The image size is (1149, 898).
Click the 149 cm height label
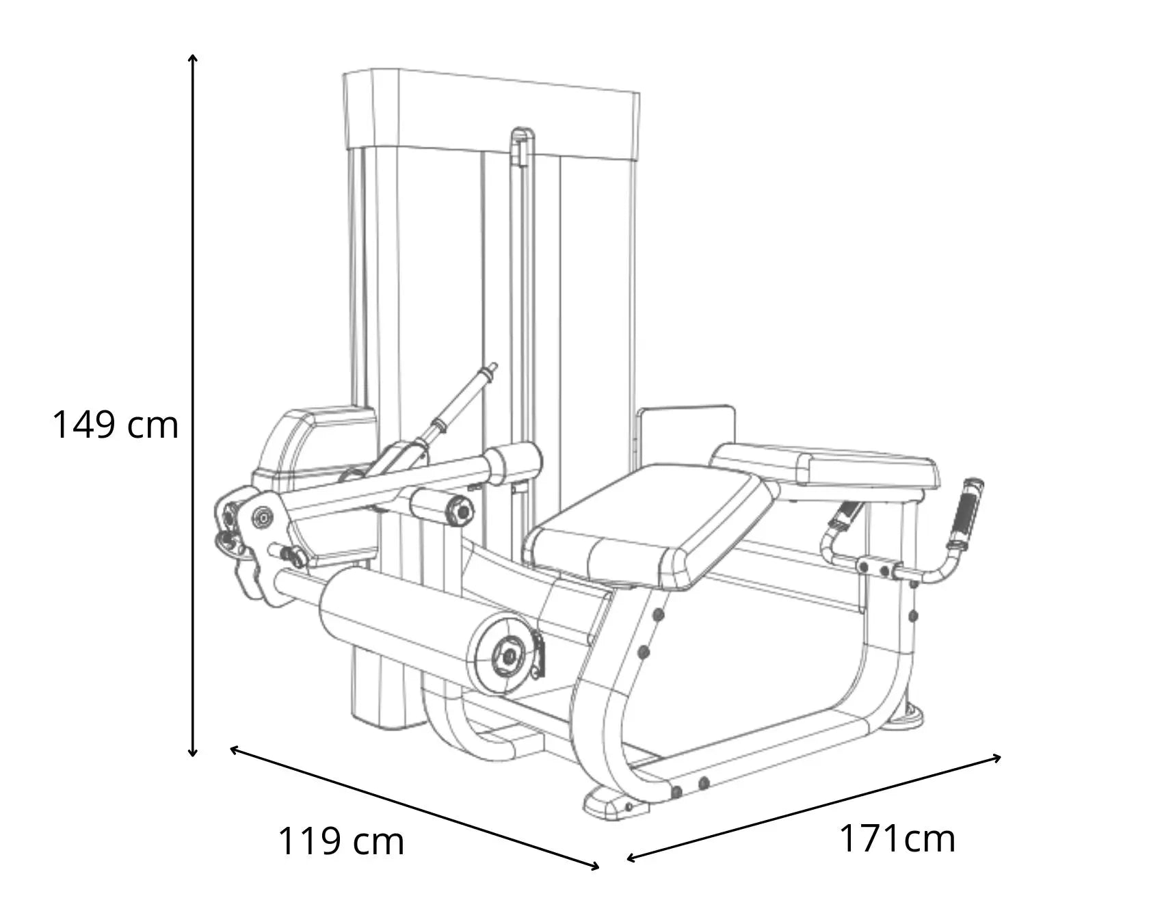[116, 425]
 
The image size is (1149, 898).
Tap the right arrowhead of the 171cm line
[996, 757]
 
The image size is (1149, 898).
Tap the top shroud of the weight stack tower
[492, 113]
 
